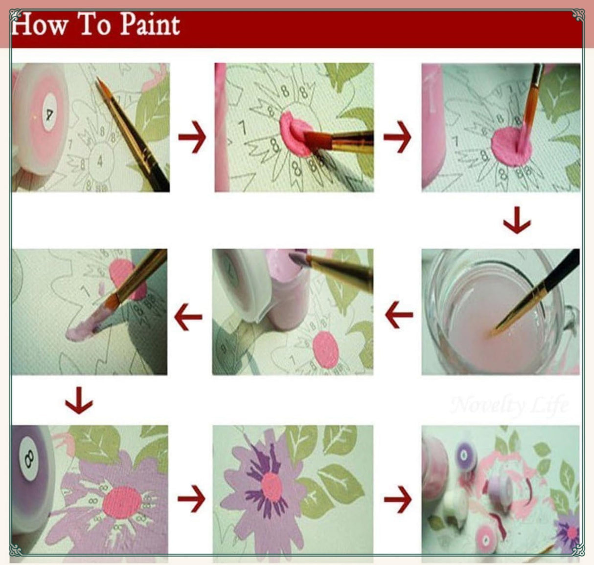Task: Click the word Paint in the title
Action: (150, 24)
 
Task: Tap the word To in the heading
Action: (94, 24)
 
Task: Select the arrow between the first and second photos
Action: (192, 138)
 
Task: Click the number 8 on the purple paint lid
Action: (28, 458)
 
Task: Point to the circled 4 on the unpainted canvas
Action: (100, 161)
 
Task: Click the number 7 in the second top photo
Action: (242, 128)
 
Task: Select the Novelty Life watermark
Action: (509, 405)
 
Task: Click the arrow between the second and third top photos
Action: (397, 138)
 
